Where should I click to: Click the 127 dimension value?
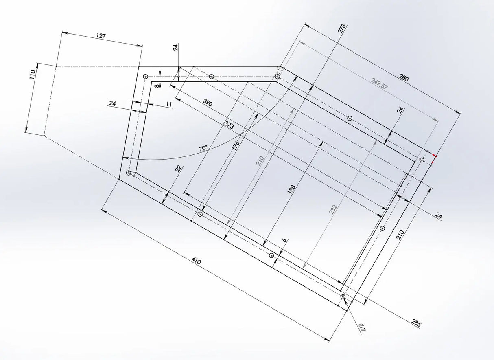tap(101, 36)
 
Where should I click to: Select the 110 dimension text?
tap(33, 74)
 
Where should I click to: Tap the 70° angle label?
tap(203, 148)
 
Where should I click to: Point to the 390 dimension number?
tap(207, 103)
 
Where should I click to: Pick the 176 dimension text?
tap(236, 145)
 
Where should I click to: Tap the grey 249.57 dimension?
tap(380, 83)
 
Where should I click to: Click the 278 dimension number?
tap(342, 29)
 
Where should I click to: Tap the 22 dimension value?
tap(178, 169)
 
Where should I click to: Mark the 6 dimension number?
tap(284, 241)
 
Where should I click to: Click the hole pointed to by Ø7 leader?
tap(343, 297)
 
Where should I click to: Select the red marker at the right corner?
tap(434, 158)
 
